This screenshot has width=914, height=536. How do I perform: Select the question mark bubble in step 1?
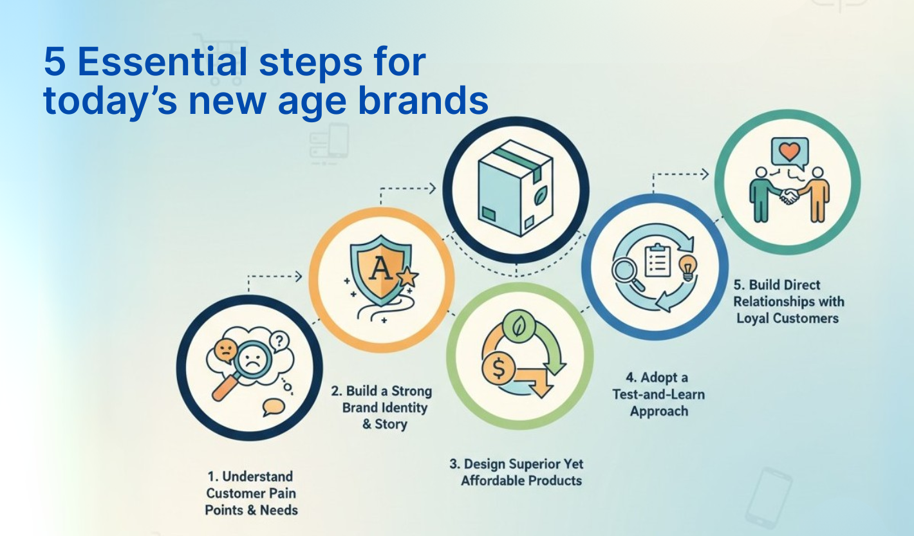[278, 341]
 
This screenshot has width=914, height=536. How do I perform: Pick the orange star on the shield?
[407, 278]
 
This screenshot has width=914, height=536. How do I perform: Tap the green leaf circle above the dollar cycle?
[517, 328]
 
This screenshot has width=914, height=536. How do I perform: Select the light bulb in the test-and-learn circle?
[688, 266]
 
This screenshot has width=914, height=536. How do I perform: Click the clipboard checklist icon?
[658, 259]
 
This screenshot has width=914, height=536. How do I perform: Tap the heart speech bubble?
[788, 152]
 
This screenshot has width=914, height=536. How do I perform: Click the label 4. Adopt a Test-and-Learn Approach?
[658, 394]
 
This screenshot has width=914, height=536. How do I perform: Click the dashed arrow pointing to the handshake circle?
[681, 174]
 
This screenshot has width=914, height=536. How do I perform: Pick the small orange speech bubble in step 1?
[274, 407]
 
